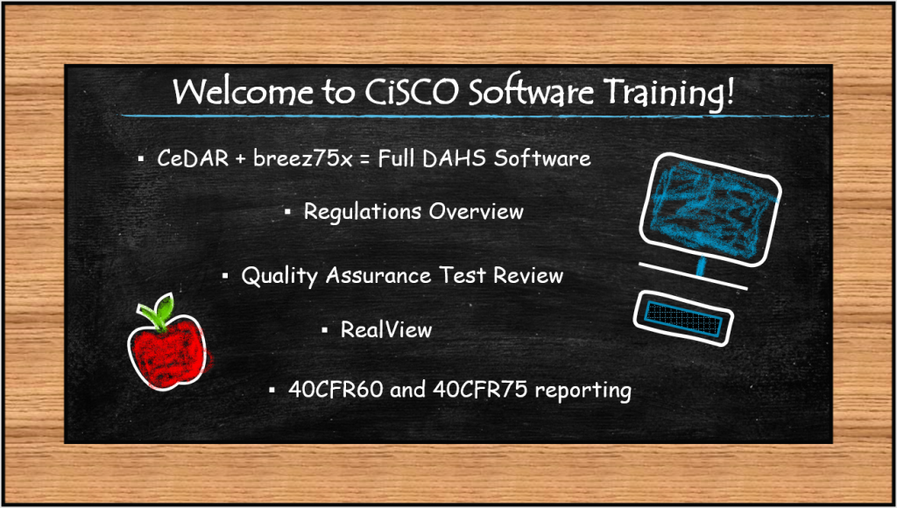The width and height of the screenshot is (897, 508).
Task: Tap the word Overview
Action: (x=477, y=211)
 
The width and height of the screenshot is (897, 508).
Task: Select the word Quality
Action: (x=279, y=276)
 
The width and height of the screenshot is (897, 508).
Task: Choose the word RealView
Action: (x=386, y=329)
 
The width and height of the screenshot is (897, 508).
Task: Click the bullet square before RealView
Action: (x=325, y=330)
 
